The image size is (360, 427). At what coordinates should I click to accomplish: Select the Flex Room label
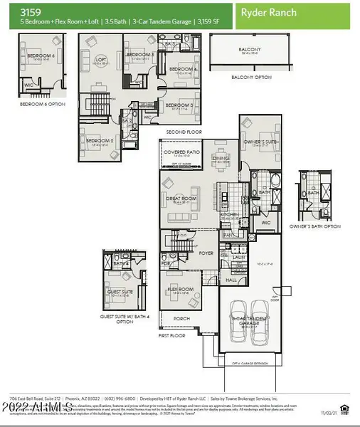[178, 290]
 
